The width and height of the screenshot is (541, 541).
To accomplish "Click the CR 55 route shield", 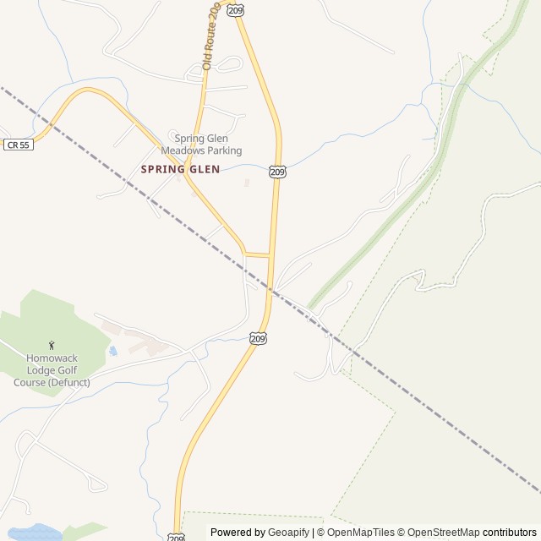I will (18, 145).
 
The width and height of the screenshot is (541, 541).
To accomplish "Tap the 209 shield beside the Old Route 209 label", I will (236, 10).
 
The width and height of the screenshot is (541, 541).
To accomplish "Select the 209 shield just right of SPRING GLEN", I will (278, 172).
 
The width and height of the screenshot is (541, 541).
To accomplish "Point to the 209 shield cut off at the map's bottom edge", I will (175, 537).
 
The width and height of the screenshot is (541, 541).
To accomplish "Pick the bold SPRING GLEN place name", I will (180, 169).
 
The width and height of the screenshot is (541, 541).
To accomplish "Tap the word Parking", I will (224, 150).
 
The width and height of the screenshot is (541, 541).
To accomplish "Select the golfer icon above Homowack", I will (52, 345).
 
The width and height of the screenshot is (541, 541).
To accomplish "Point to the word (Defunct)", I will (68, 382).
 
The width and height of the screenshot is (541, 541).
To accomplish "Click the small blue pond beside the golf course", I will (112, 350).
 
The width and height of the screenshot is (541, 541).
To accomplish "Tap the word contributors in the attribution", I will (509, 532).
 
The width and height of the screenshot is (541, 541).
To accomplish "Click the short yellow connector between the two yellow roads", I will (258, 254).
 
